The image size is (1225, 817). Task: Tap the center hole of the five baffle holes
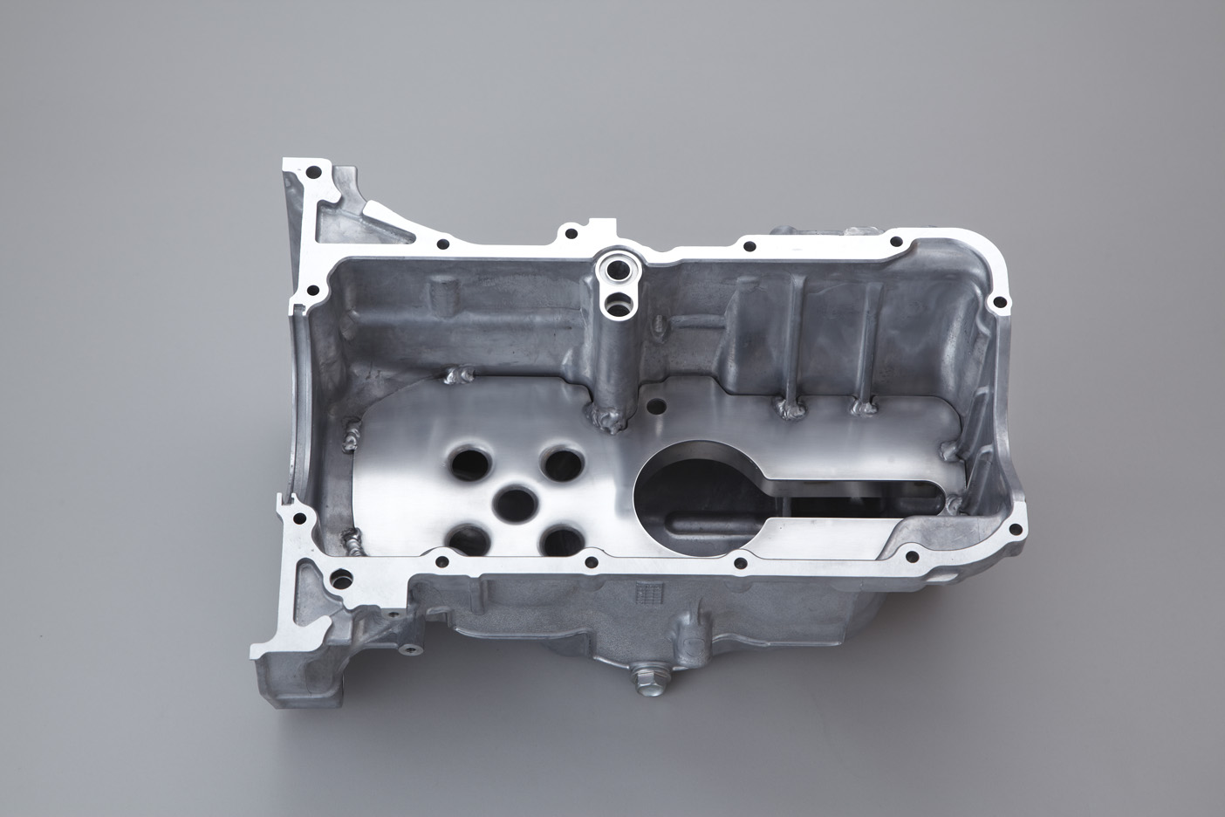(x=516, y=501)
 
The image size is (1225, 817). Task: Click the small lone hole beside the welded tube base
(x=657, y=404)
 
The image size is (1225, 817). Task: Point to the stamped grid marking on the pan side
(x=646, y=593)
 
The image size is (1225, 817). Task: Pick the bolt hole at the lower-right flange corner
(x=914, y=553)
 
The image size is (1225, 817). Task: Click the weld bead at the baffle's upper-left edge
(x=457, y=377)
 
